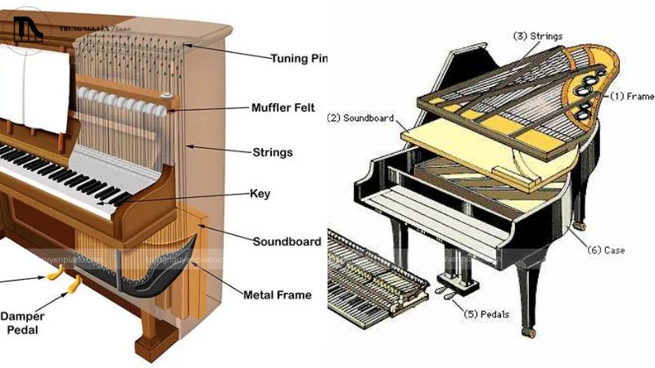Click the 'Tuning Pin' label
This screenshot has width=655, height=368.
tap(299, 58)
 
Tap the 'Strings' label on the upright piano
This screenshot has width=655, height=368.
tap(272, 152)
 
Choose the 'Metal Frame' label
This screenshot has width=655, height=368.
tap(278, 294)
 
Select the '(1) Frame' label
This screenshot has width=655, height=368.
tap(630, 96)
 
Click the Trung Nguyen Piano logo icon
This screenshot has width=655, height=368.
tap(29, 29)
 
